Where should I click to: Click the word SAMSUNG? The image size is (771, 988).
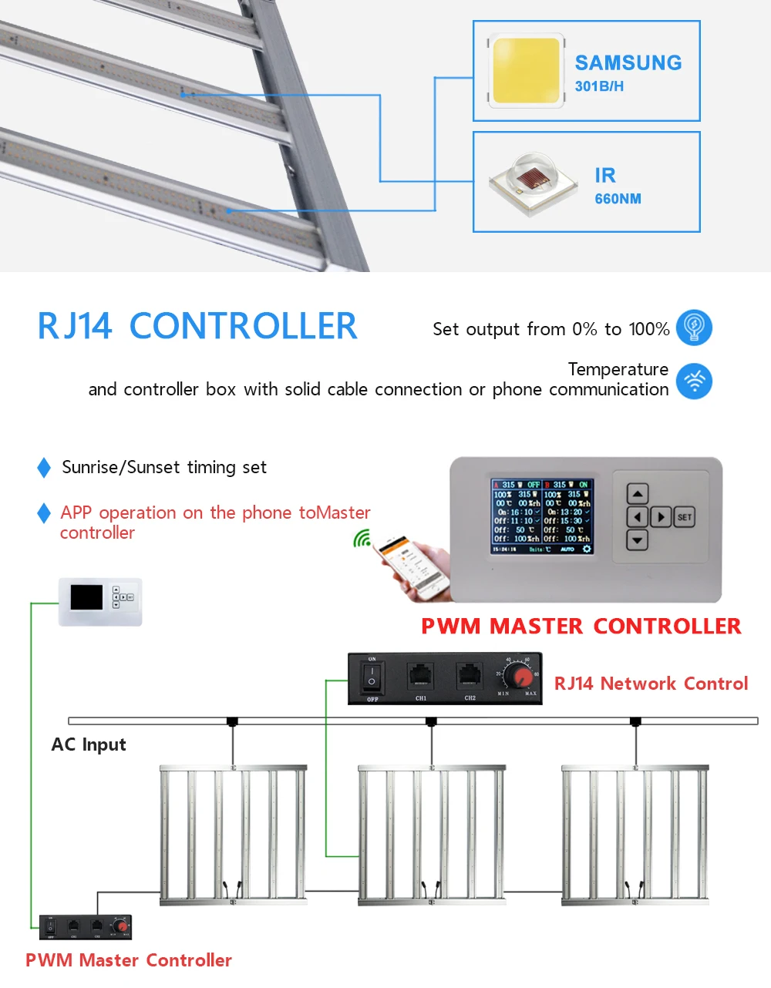[x=628, y=63]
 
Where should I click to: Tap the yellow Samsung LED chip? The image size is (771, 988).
[x=526, y=70]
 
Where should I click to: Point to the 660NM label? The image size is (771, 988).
[x=618, y=199]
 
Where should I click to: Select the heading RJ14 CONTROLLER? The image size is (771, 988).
[x=197, y=326]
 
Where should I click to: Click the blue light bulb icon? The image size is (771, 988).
[x=694, y=328]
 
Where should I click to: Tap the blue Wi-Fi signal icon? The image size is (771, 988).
[x=694, y=381]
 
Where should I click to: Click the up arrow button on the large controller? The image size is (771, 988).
[x=638, y=493]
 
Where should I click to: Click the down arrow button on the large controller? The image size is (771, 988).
[x=638, y=540]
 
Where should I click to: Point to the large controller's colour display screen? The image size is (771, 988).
[x=542, y=516]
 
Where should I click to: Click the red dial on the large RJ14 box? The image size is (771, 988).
[x=522, y=677]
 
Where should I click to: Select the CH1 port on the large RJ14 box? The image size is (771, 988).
[x=420, y=676]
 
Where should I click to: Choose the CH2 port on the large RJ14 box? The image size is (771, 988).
[x=470, y=676]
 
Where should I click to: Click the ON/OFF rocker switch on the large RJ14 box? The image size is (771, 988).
[x=372, y=677]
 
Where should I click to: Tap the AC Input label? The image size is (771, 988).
[x=89, y=744]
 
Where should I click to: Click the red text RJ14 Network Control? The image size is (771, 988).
[x=651, y=684]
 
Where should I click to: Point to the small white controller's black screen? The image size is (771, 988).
[x=86, y=597]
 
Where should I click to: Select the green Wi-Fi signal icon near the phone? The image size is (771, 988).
[x=362, y=539]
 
